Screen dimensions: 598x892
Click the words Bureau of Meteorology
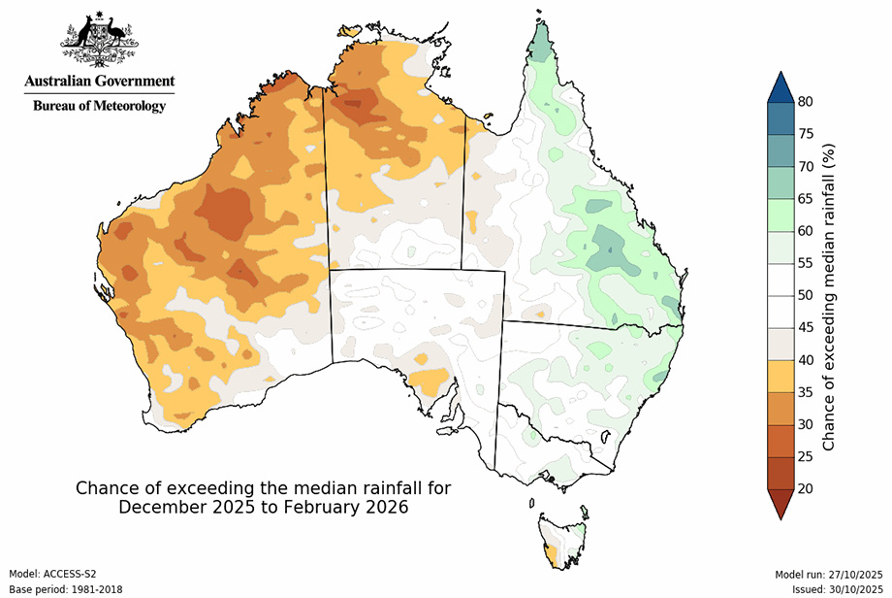(99, 106)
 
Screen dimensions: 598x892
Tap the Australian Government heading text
(99, 82)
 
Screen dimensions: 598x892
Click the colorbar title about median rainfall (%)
(830, 295)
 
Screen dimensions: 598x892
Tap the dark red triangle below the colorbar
(779, 502)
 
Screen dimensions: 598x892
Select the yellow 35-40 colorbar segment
(779, 376)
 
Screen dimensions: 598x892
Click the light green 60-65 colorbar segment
(779, 215)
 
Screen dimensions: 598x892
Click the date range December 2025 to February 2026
(263, 507)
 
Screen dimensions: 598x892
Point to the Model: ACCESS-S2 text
(52, 575)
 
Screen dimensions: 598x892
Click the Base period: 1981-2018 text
(61, 588)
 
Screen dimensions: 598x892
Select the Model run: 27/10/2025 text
(830, 575)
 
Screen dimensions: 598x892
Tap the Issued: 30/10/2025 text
(836, 588)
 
